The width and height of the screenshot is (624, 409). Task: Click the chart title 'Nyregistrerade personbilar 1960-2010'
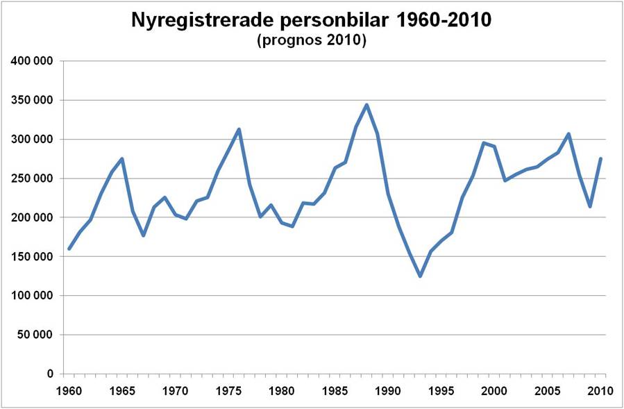(311, 21)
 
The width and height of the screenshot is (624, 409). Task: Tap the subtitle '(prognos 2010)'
(311, 40)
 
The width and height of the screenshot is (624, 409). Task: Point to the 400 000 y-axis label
(33, 61)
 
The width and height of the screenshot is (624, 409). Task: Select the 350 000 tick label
(33, 100)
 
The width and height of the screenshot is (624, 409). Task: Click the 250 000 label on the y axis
(33, 178)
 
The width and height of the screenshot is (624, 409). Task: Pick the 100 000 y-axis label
(33, 296)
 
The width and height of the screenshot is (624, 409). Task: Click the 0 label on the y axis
(50, 374)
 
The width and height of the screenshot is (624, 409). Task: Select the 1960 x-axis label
(69, 390)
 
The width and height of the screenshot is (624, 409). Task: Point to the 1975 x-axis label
(228, 390)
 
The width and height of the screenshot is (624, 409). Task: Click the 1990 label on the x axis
(388, 390)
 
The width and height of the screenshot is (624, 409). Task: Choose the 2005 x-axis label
(548, 390)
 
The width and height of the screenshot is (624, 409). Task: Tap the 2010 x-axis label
(600, 390)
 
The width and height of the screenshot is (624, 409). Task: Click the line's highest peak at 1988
(366, 105)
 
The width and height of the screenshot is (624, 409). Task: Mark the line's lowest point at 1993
(420, 276)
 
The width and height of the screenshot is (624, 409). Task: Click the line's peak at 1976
(239, 129)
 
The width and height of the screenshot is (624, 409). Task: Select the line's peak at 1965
(122, 158)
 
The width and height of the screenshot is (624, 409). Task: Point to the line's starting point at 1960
(69, 249)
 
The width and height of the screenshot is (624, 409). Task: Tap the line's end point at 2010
(600, 158)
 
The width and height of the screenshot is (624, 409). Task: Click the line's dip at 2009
(590, 206)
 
